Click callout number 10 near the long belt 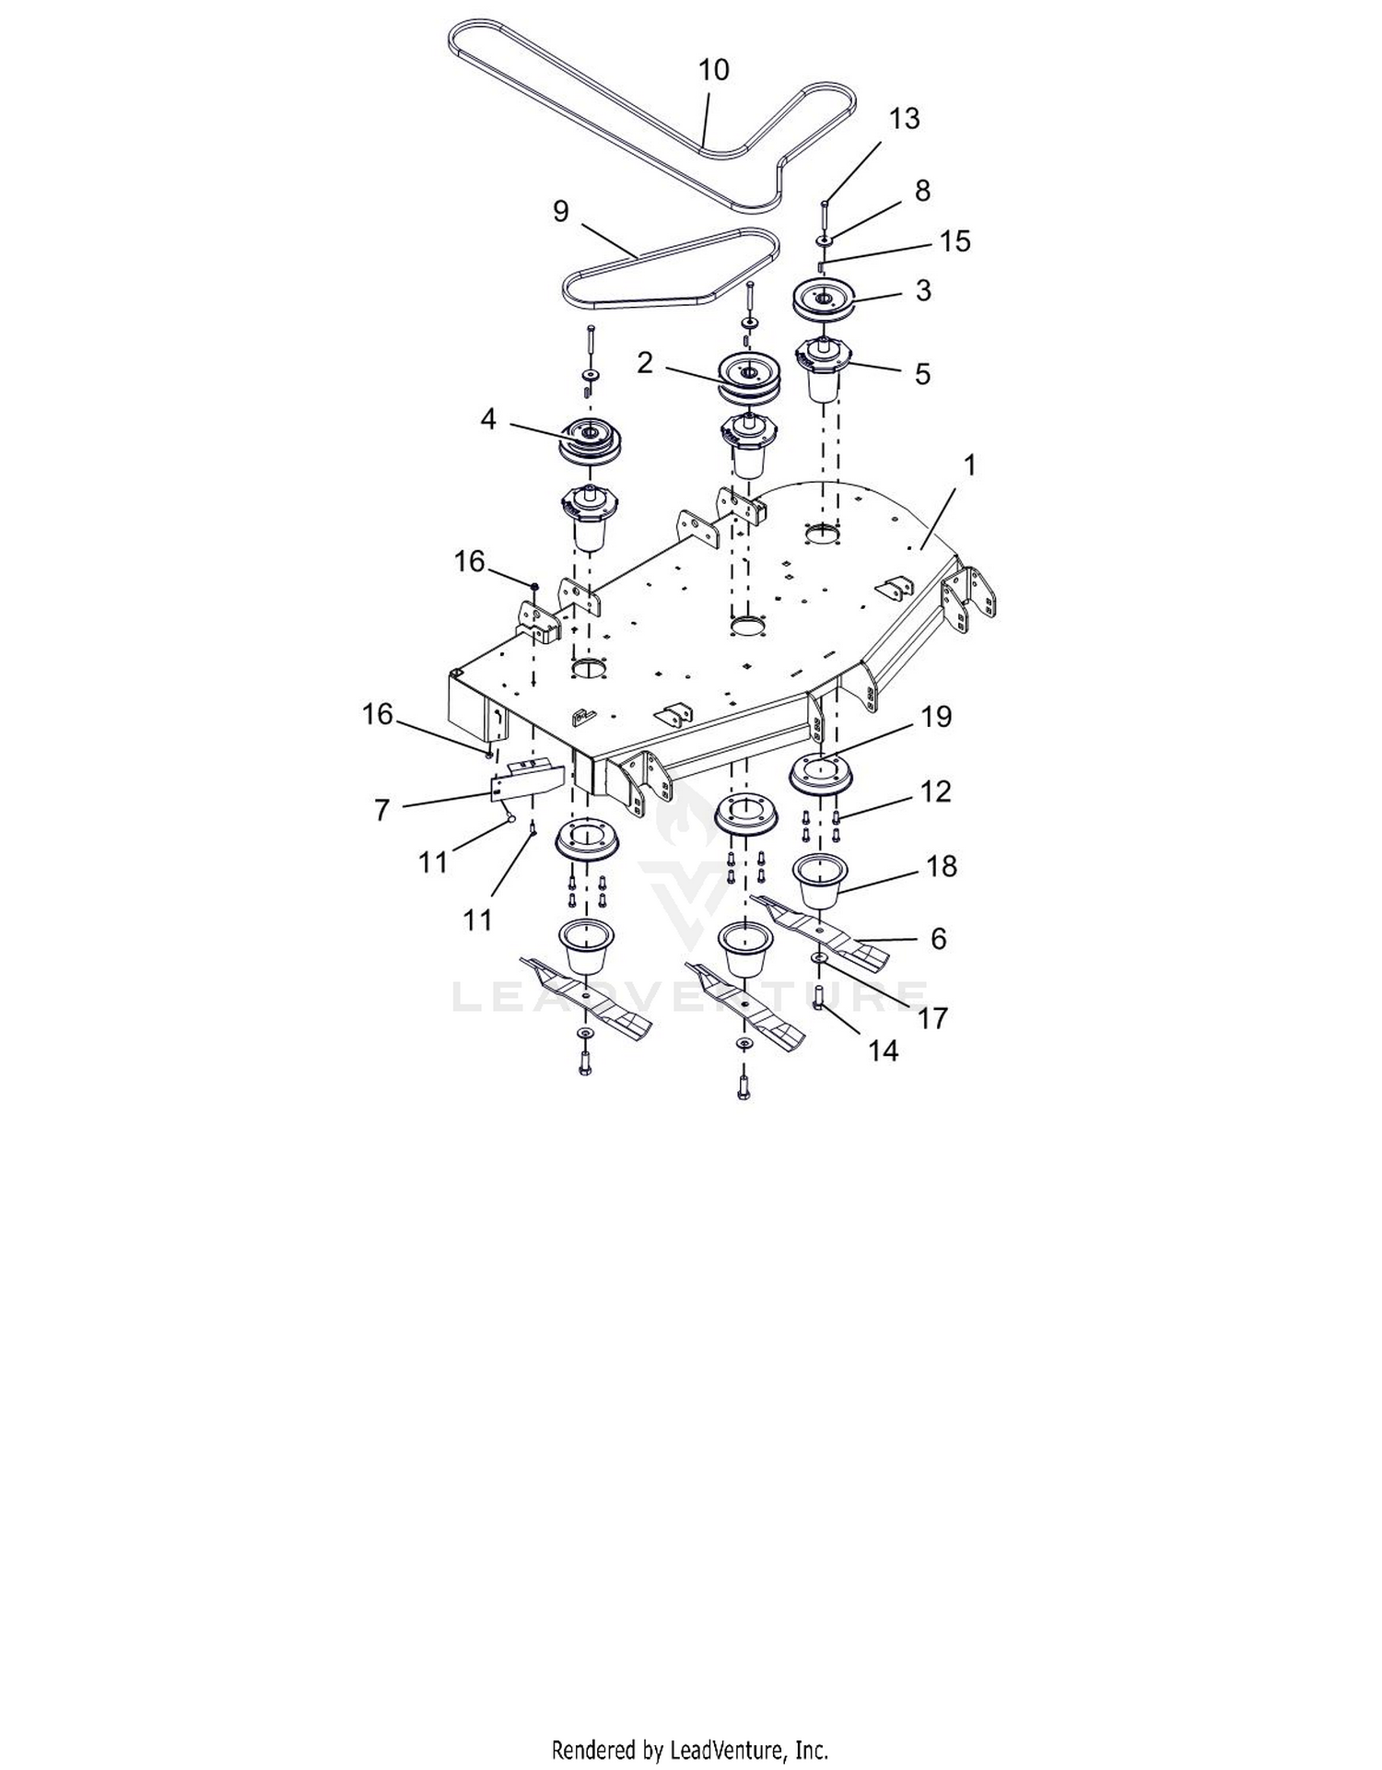click(x=714, y=70)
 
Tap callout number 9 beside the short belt click(x=561, y=211)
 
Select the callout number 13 click(x=905, y=119)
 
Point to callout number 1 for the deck click(x=968, y=465)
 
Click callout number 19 click(x=936, y=716)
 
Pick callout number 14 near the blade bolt click(x=883, y=1049)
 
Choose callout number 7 click(x=382, y=810)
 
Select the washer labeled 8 click(x=825, y=240)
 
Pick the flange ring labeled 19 click(x=820, y=772)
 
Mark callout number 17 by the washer click(x=932, y=1018)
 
